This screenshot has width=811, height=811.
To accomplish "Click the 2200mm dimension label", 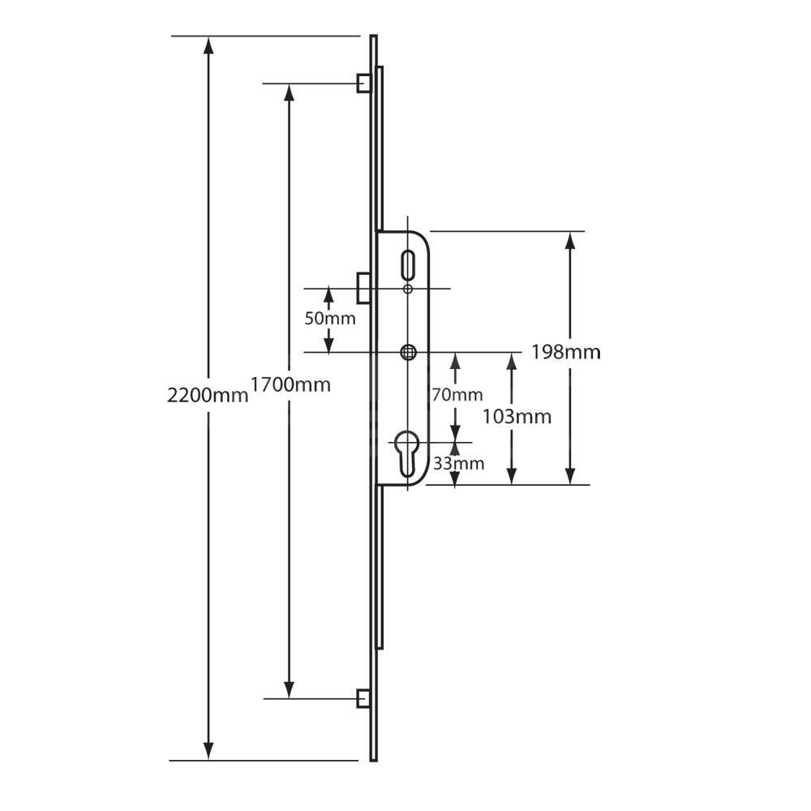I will (207, 396).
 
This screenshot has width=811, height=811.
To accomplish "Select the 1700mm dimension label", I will (290, 384).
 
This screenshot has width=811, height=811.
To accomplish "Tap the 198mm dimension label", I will (565, 352).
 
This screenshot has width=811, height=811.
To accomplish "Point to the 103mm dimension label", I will (516, 417).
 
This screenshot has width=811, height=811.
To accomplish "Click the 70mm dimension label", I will (457, 395).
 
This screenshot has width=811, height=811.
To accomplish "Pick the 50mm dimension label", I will (329, 319).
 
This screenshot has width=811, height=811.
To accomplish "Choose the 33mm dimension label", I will (458, 464).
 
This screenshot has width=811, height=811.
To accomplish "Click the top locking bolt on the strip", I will (365, 83).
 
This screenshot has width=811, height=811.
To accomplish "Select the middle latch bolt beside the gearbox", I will (365, 288).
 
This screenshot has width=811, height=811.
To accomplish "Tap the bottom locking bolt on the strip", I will (365, 697).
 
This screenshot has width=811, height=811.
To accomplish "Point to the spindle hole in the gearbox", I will (408, 352).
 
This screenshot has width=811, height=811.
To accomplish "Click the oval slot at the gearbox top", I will (408, 265).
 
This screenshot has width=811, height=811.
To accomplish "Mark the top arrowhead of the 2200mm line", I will (208, 45).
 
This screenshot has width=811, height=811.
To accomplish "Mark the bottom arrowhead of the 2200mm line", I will (208, 751).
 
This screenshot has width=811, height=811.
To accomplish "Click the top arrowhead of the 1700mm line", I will (288, 92).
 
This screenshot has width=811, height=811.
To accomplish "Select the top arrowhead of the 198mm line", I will (571, 241).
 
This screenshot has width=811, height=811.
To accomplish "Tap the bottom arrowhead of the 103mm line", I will (512, 475).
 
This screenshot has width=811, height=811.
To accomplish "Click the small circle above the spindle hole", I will (408, 289).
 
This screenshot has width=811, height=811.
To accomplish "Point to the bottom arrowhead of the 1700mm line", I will (288, 688).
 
